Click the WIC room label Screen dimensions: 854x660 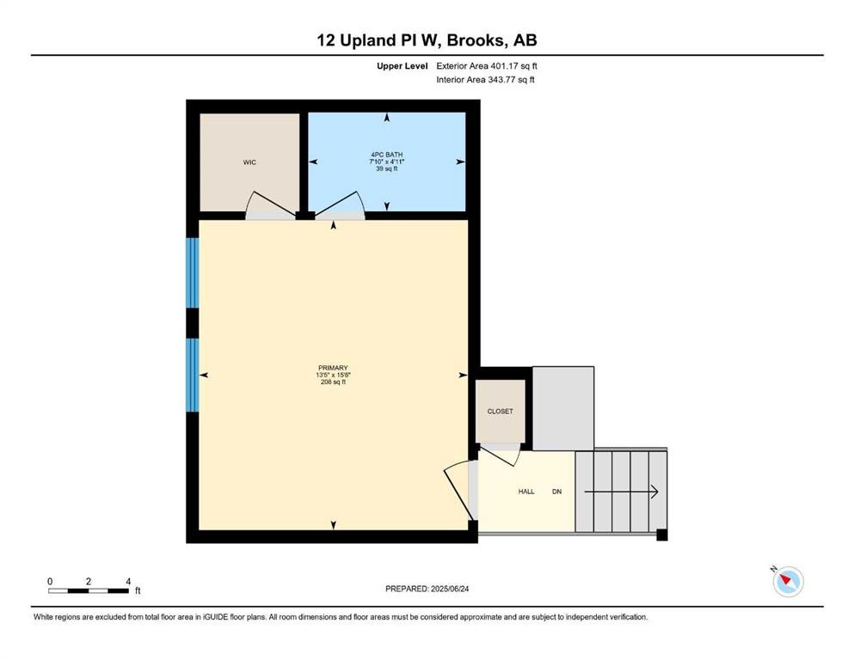tap(249, 162)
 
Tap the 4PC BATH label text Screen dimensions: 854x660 tap(387, 155)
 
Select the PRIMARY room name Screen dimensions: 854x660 tap(333, 368)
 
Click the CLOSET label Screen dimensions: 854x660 tap(500, 412)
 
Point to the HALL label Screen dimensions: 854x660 tap(526, 492)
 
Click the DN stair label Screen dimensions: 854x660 tap(556, 492)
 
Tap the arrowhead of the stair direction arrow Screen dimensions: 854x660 tap(655, 492)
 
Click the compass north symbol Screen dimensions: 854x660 tap(788, 581)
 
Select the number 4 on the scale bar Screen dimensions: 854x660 tap(128, 581)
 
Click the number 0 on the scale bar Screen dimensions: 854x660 tap(50, 581)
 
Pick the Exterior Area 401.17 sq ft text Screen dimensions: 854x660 tap(487, 66)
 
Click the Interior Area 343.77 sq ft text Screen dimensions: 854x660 tap(485, 79)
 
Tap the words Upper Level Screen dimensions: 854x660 tap(402, 66)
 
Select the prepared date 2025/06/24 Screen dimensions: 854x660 tap(449, 589)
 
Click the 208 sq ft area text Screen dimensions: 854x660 tap(333, 382)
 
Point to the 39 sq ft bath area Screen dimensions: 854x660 tap(387, 168)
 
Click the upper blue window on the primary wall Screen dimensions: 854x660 tap(193, 272)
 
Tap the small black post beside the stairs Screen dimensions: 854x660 tap(661, 535)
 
